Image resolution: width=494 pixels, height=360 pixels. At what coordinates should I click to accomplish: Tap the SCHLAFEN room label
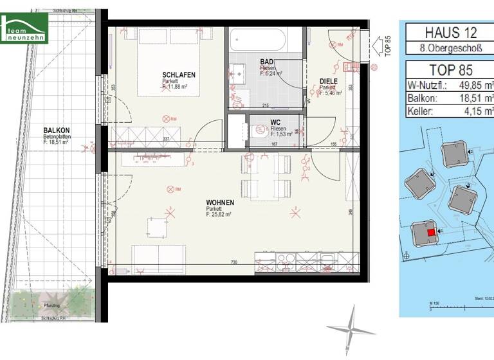pos(178,75)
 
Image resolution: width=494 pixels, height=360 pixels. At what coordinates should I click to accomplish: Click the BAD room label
pos(266,62)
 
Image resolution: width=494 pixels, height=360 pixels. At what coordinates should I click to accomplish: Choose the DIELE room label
pos(329,81)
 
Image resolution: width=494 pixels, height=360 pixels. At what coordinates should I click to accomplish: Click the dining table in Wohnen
pos(263,177)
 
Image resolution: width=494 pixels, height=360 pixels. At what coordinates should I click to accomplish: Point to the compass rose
pos(351,329)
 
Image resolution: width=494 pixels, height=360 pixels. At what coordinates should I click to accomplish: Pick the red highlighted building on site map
pos(430,232)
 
